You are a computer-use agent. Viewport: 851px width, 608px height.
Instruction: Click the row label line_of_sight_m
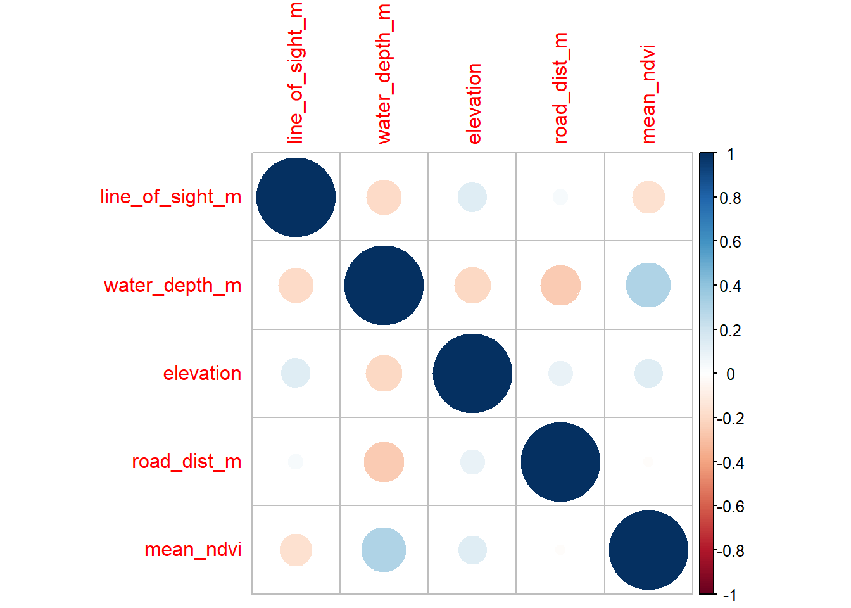[x=171, y=197]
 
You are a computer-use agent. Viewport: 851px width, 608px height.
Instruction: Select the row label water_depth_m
[x=173, y=286]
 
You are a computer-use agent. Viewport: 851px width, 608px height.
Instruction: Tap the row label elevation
[x=202, y=374]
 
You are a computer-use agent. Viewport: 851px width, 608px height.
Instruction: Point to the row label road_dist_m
[x=187, y=462]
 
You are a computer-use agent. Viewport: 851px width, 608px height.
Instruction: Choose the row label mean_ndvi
[x=193, y=550]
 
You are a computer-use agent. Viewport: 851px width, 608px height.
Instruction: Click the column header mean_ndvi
[x=648, y=94]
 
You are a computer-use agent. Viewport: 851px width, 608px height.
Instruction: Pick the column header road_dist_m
[x=560, y=88]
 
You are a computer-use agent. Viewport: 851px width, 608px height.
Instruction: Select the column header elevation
[x=474, y=103]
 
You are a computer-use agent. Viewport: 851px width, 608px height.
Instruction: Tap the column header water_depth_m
[x=384, y=74]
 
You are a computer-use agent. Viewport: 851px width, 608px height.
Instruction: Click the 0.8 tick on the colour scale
[x=730, y=198]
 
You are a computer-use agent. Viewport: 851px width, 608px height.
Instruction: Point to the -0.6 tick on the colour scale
[x=730, y=507]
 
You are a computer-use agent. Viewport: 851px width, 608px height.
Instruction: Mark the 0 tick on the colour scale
[x=730, y=374]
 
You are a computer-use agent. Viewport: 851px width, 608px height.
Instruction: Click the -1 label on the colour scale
[x=730, y=595]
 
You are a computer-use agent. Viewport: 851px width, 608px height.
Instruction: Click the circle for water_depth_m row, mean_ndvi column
[x=648, y=285]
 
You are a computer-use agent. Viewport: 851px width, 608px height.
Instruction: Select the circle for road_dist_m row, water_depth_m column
[x=384, y=462]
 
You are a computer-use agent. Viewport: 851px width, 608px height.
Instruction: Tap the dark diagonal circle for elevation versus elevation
[x=472, y=373]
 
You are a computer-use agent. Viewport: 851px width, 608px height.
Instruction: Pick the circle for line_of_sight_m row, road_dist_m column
[x=560, y=197]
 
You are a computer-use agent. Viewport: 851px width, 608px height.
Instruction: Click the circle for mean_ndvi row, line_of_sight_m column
[x=296, y=550]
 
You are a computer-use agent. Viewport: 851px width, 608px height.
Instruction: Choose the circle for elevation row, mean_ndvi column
[x=648, y=373]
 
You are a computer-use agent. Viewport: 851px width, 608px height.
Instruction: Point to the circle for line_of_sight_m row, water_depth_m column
[x=384, y=197]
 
